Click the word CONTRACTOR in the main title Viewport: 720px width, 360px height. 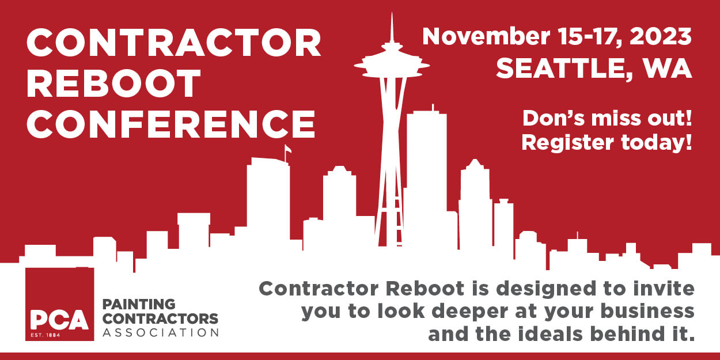pyautogui.click(x=174, y=43)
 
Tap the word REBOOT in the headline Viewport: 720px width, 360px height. pyautogui.click(x=113, y=84)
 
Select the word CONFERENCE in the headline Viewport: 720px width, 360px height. pyautogui.click(x=171, y=124)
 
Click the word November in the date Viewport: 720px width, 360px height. pyautogui.click(x=486, y=36)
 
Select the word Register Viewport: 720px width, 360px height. pyautogui.click(x=567, y=143)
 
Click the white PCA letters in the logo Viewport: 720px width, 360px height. pyautogui.click(x=59, y=320)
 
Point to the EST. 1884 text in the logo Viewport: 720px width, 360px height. pyautogui.click(x=46, y=335)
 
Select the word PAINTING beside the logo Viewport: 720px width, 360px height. pyautogui.click(x=139, y=304)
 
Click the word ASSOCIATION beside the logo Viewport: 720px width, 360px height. pyautogui.click(x=161, y=333)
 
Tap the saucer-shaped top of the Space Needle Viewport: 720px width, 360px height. pyautogui.click(x=392, y=65)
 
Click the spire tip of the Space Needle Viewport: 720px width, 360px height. pyautogui.click(x=392, y=13)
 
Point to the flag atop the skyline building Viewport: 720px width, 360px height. pyautogui.click(x=288, y=149)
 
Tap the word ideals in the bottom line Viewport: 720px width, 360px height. pyautogui.click(x=550, y=334)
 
